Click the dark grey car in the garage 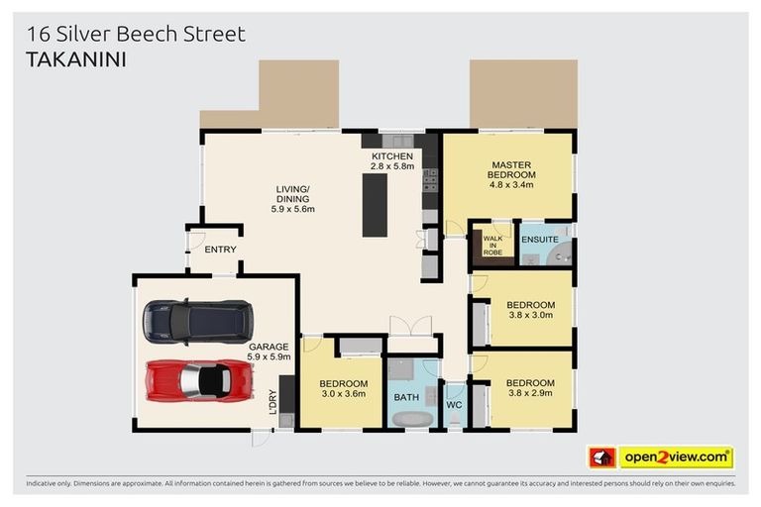click(x=197, y=321)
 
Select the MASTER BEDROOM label click(x=510, y=170)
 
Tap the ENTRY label click(x=220, y=250)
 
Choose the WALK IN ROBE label click(x=492, y=246)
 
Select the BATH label click(x=407, y=397)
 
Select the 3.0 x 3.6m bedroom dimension click(x=343, y=394)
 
